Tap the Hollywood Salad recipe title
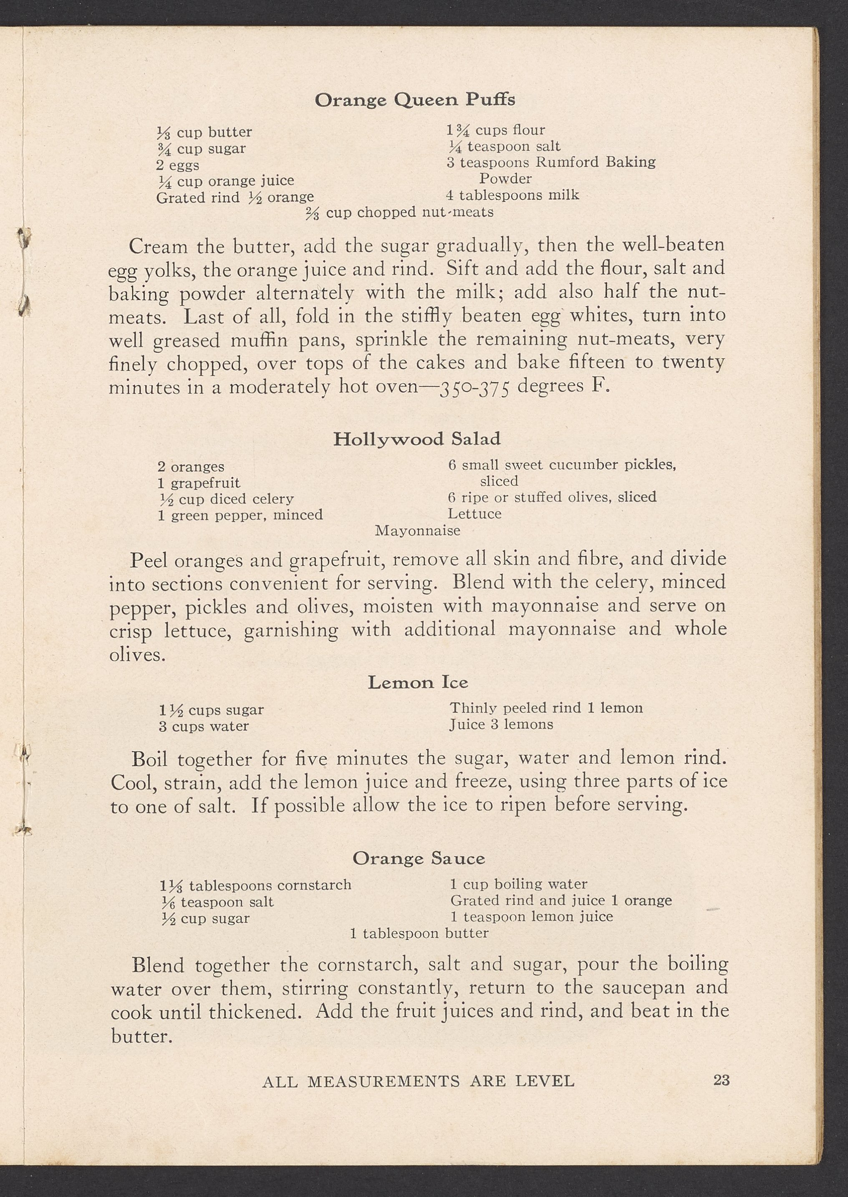pos(416,439)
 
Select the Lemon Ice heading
pos(418,682)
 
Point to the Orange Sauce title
pos(418,858)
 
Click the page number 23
pos(721,1080)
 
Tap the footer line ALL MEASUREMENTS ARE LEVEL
pos(418,1081)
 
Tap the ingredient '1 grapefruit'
pos(199,483)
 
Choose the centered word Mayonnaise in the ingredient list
pos(418,531)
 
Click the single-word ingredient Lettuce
pos(474,514)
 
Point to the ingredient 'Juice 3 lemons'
pos(501,724)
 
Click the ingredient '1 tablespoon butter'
pos(419,933)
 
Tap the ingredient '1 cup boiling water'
pos(518,884)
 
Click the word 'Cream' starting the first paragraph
pos(158,246)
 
